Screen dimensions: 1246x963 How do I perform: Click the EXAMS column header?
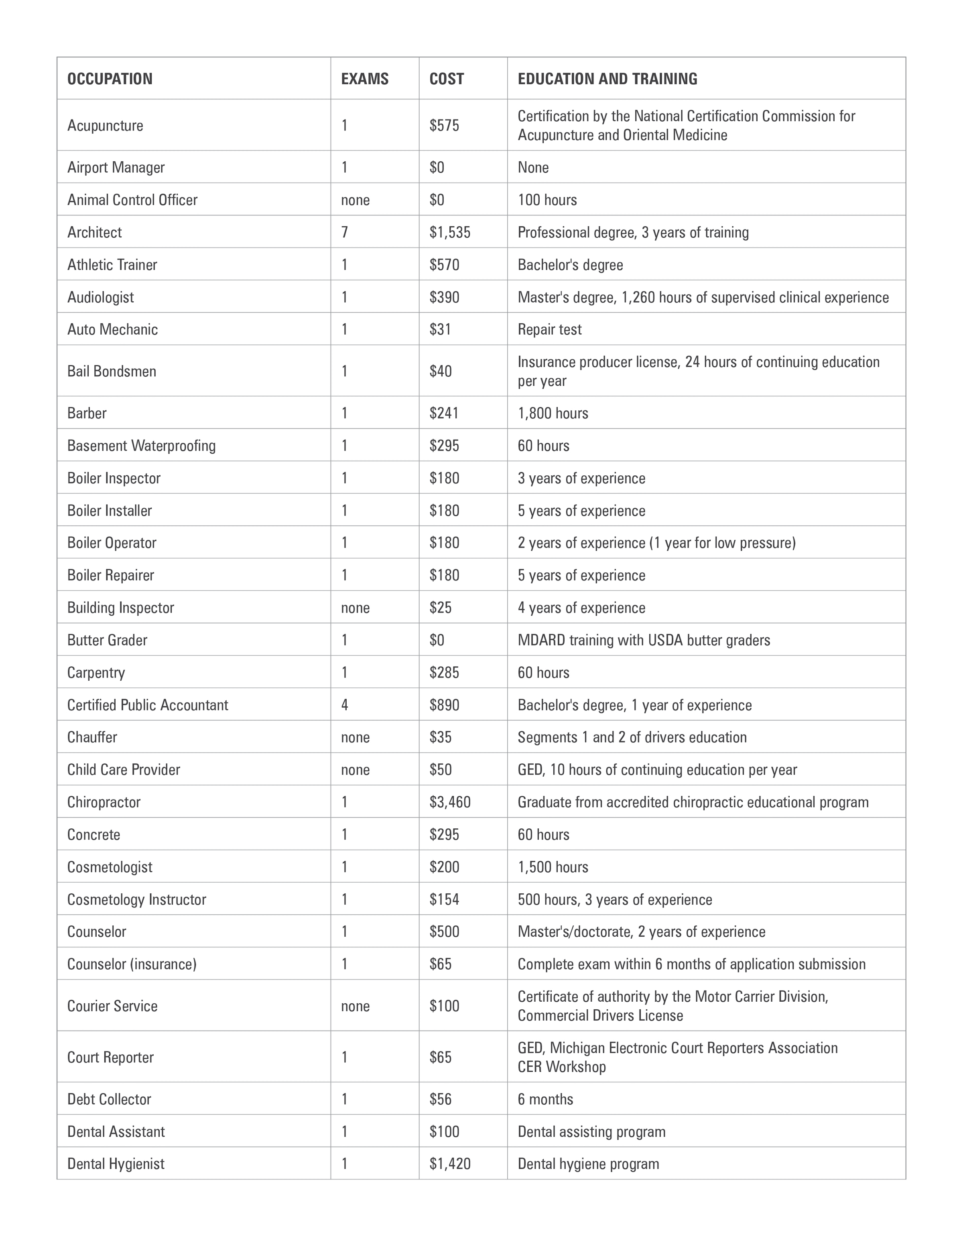[365, 79]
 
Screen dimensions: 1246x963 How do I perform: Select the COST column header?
[446, 79]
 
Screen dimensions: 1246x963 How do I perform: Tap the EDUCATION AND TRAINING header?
[607, 79]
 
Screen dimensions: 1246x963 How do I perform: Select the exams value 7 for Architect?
[345, 232]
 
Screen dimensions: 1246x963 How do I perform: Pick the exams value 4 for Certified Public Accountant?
[345, 705]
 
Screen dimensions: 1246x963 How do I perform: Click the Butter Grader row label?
[107, 640]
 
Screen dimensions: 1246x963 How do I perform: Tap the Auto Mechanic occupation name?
[112, 329]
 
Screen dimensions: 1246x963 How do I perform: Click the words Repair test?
[549, 329]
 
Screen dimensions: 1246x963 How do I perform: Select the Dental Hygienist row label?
[116, 1164]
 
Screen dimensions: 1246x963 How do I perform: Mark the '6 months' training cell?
[545, 1100]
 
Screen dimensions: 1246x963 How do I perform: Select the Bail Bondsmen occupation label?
[112, 371]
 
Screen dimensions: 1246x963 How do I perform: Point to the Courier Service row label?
[112, 1006]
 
